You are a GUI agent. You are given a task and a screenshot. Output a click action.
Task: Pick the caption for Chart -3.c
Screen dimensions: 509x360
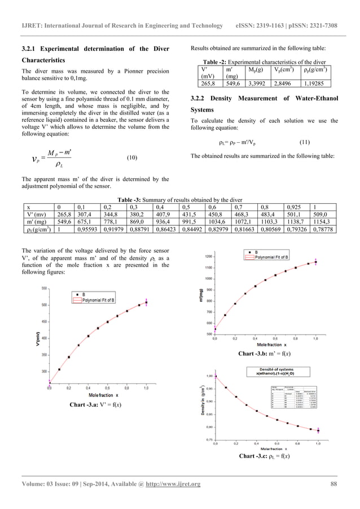tap(265, 456)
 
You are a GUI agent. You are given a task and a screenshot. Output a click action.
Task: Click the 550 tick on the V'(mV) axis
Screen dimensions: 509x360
tap(43, 288)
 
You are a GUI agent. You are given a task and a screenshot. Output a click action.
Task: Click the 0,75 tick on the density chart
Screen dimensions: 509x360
tap(209, 440)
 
